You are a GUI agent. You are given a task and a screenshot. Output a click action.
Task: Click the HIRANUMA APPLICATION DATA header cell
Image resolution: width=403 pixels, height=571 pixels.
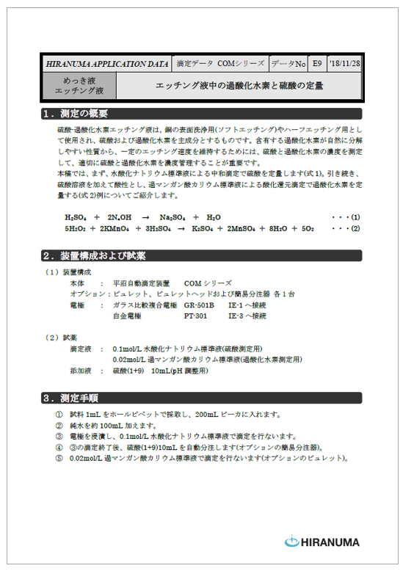(106, 64)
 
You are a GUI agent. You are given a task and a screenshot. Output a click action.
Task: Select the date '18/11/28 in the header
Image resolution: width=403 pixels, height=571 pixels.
(345, 64)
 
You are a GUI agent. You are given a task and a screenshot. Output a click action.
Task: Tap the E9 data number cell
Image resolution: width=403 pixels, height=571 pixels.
(316, 64)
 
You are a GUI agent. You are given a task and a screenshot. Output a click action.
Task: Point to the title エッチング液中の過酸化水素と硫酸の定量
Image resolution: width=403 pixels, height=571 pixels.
(239, 86)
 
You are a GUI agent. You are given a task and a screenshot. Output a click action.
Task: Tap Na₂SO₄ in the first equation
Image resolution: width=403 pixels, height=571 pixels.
(173, 217)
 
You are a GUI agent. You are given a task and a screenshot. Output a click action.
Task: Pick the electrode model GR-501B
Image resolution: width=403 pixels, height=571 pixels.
(199, 305)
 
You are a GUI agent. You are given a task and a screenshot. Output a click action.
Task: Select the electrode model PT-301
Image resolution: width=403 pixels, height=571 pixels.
(195, 316)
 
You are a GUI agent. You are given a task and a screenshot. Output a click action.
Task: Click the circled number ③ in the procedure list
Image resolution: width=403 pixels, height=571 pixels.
(59, 436)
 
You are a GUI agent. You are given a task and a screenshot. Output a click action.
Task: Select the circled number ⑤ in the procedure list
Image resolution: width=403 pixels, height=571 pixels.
(59, 458)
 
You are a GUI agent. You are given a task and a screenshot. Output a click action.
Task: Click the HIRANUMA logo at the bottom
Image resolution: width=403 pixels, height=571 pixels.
(322, 542)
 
